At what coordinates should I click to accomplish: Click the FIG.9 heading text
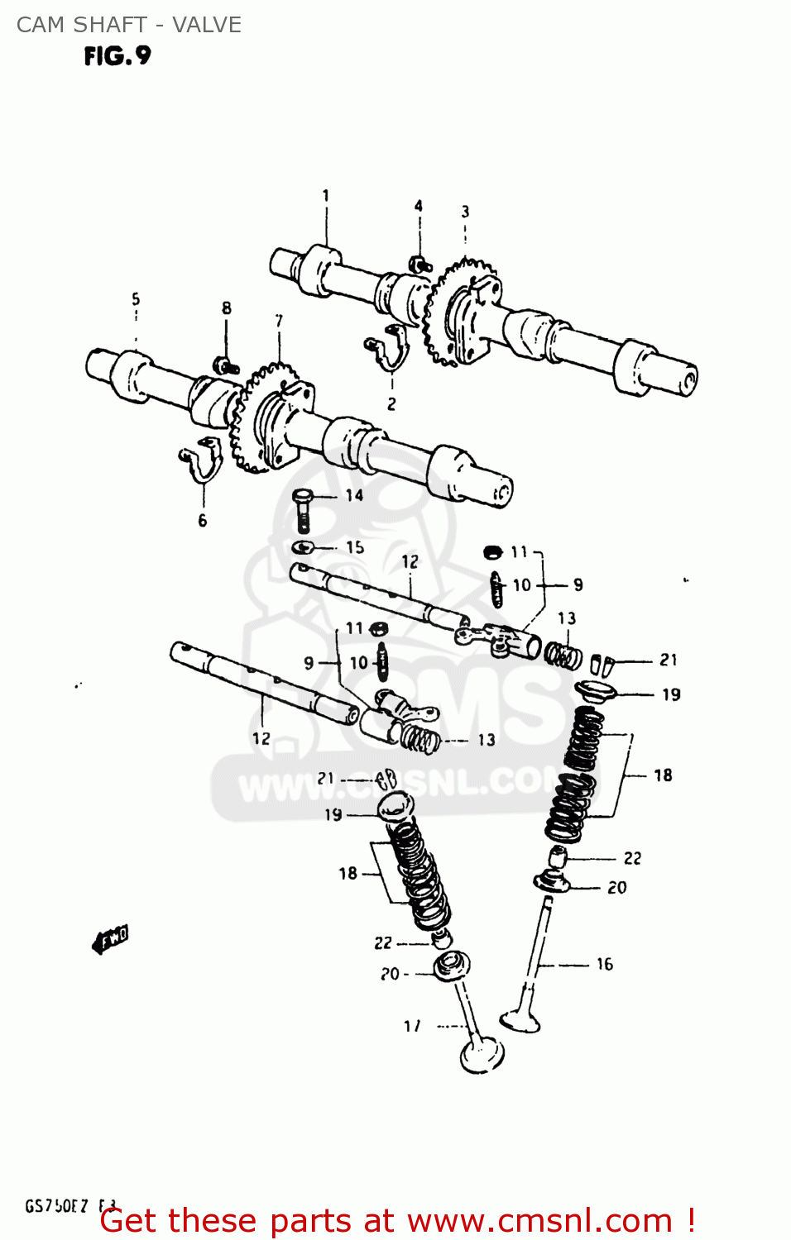[117, 56]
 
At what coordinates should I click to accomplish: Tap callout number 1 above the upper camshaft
[325, 196]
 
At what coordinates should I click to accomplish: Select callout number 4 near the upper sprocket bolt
[419, 206]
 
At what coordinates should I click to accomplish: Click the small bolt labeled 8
[225, 365]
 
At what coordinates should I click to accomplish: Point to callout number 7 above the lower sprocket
[279, 320]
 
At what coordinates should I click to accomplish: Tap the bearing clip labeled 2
[389, 348]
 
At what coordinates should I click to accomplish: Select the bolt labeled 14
[302, 508]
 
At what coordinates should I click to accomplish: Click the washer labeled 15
[303, 547]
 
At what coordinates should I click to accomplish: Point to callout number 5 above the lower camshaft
[136, 299]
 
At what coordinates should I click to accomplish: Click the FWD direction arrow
[110, 939]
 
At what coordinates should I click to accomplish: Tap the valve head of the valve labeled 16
[520, 1018]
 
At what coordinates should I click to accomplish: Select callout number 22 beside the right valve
[632, 858]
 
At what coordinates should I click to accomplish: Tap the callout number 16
[605, 964]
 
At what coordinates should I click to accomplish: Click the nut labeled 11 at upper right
[492, 551]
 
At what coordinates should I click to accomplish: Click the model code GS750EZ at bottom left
[56, 1206]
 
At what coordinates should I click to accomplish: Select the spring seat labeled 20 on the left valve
[452, 964]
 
